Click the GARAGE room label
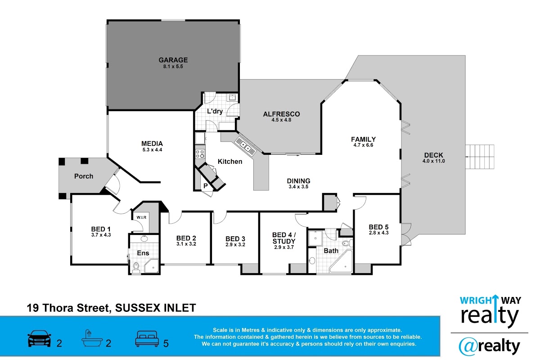tap(173, 60)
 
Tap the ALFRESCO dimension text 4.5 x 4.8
tap(281, 120)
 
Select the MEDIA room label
tap(152, 144)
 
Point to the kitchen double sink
tap(246, 147)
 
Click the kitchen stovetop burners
tap(200, 154)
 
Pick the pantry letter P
tap(205, 186)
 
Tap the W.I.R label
tap(141, 217)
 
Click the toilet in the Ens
tap(136, 267)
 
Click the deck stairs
tap(480, 157)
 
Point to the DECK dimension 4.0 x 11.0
tap(433, 161)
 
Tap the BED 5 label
tap(378, 227)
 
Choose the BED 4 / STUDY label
tap(284, 238)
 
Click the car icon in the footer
tap(39, 338)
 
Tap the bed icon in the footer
tap(147, 338)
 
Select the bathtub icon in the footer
tap(92, 338)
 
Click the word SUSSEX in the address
tap(138, 308)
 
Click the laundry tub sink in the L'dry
tap(232, 97)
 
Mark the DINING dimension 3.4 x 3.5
tap(298, 187)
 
